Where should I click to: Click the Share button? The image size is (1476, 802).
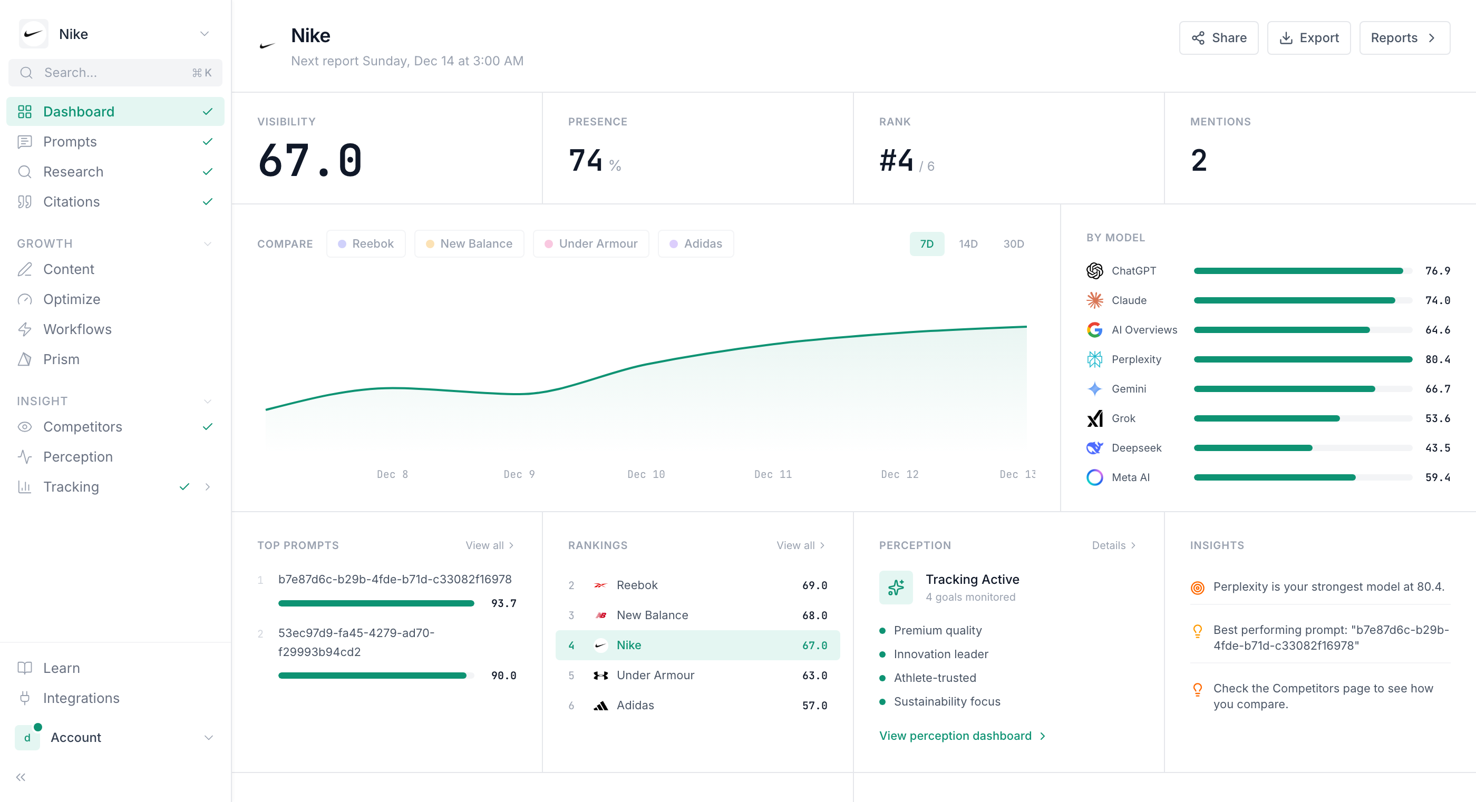click(x=1218, y=38)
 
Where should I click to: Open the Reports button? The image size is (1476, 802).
click(x=1404, y=38)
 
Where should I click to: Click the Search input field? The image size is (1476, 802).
click(x=114, y=73)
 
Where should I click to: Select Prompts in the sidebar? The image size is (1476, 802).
click(x=70, y=142)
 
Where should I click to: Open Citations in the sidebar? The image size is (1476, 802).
click(x=71, y=202)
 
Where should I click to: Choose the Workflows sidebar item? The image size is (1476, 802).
click(x=77, y=329)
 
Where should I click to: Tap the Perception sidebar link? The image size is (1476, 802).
click(x=78, y=456)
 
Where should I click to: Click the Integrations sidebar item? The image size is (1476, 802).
click(x=81, y=698)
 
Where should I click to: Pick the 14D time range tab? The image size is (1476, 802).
click(x=968, y=243)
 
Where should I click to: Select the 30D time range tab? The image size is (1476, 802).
click(x=1013, y=243)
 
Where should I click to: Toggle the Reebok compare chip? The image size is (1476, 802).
click(x=366, y=243)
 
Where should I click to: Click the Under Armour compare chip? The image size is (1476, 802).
click(x=591, y=243)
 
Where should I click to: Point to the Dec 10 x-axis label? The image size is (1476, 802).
click(x=646, y=474)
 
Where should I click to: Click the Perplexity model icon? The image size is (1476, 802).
click(x=1094, y=359)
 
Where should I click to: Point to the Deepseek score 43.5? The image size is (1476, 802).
click(x=1437, y=448)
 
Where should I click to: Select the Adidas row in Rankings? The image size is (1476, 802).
click(x=697, y=705)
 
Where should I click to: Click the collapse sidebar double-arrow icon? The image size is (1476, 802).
click(x=21, y=777)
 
